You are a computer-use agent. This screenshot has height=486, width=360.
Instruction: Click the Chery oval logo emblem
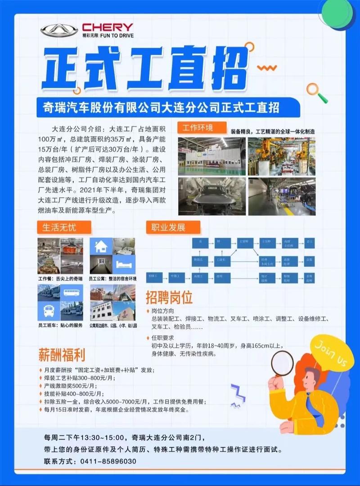pyautogui.click(x=59, y=30)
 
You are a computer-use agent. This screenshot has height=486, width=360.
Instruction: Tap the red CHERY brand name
pyautogui.click(x=108, y=27)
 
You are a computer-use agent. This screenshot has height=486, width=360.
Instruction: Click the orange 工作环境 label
pyautogui.click(x=198, y=127)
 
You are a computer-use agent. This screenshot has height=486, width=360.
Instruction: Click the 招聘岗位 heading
pyautogui.click(x=169, y=298)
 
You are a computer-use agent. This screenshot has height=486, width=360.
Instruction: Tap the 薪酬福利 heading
pyautogui.click(x=61, y=354)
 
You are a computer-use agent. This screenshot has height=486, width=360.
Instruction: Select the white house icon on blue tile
pyautogui.click(x=101, y=246)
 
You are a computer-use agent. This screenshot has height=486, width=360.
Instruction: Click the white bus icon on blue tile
pyautogui.click(x=49, y=310)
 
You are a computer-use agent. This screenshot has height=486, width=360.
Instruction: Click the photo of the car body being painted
pyautogui.click(x=211, y=195)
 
